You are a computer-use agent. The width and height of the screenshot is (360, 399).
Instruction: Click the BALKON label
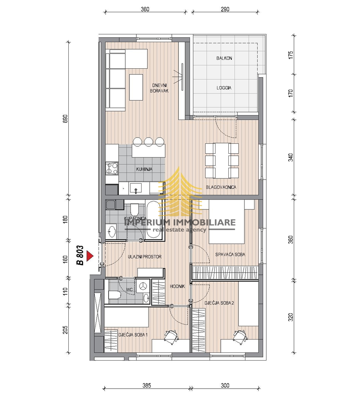pyautogui.click(x=224, y=58)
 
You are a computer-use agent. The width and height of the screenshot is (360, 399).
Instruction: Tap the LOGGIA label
pyautogui.click(x=224, y=88)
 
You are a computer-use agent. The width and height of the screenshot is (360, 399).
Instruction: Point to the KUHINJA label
pyautogui.click(x=144, y=169)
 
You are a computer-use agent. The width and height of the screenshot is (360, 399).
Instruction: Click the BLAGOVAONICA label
pyautogui.click(x=221, y=187)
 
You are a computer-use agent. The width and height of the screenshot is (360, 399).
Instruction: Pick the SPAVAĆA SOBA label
pyautogui.click(x=230, y=255)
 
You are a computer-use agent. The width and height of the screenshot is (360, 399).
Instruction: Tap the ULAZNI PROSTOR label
pyautogui.click(x=145, y=257)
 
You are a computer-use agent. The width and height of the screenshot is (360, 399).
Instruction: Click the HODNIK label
pyautogui.click(x=177, y=286)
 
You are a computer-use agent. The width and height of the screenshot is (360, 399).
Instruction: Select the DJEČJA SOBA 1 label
pyautogui.click(x=133, y=335)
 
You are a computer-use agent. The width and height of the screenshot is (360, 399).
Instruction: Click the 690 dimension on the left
pyautogui.click(x=65, y=119)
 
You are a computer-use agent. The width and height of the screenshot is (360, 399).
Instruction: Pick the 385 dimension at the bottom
pyautogui.click(x=147, y=386)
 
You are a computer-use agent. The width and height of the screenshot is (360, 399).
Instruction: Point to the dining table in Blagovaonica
pyautogui.click(x=222, y=160)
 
